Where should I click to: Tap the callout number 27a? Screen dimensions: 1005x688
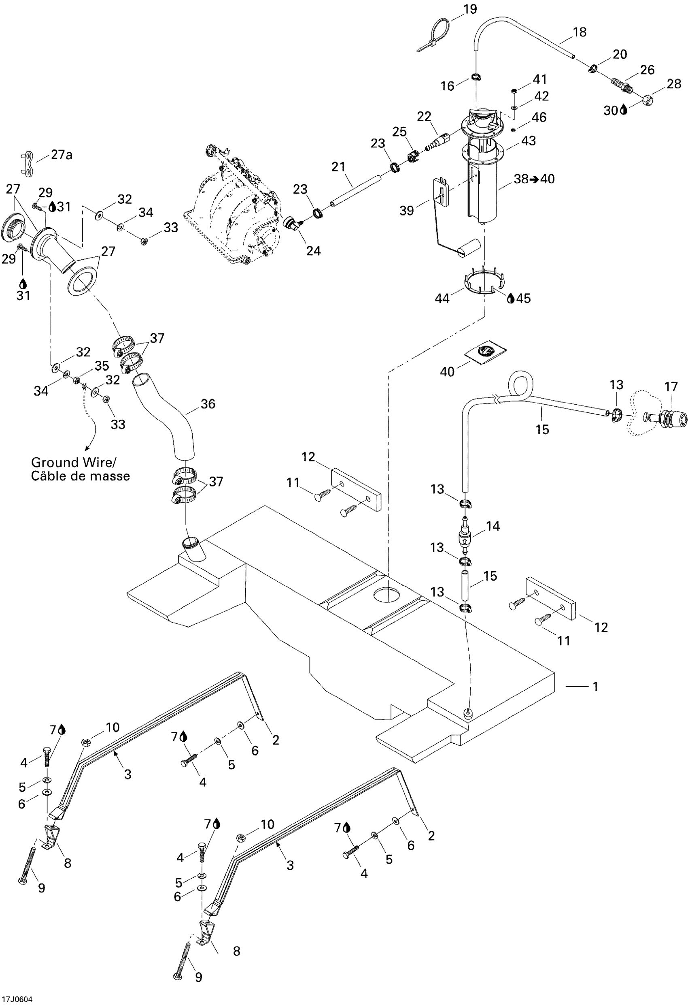pyautogui.click(x=62, y=154)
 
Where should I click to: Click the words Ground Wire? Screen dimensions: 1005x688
pyautogui.click(x=73, y=462)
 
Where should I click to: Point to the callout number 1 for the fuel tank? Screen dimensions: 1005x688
pyautogui.click(x=595, y=686)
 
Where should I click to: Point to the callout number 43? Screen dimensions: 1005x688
pyautogui.click(x=528, y=141)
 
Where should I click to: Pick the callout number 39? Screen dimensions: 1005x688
pyautogui.click(x=406, y=210)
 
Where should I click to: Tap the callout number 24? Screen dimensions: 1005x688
pyautogui.click(x=313, y=250)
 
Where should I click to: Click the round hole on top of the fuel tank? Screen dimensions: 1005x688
pyautogui.click(x=388, y=595)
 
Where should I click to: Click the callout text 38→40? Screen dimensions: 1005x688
pyautogui.click(x=534, y=179)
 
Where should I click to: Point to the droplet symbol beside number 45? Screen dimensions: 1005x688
pyautogui.click(x=510, y=298)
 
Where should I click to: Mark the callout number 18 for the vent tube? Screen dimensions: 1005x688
pyautogui.click(x=580, y=32)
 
